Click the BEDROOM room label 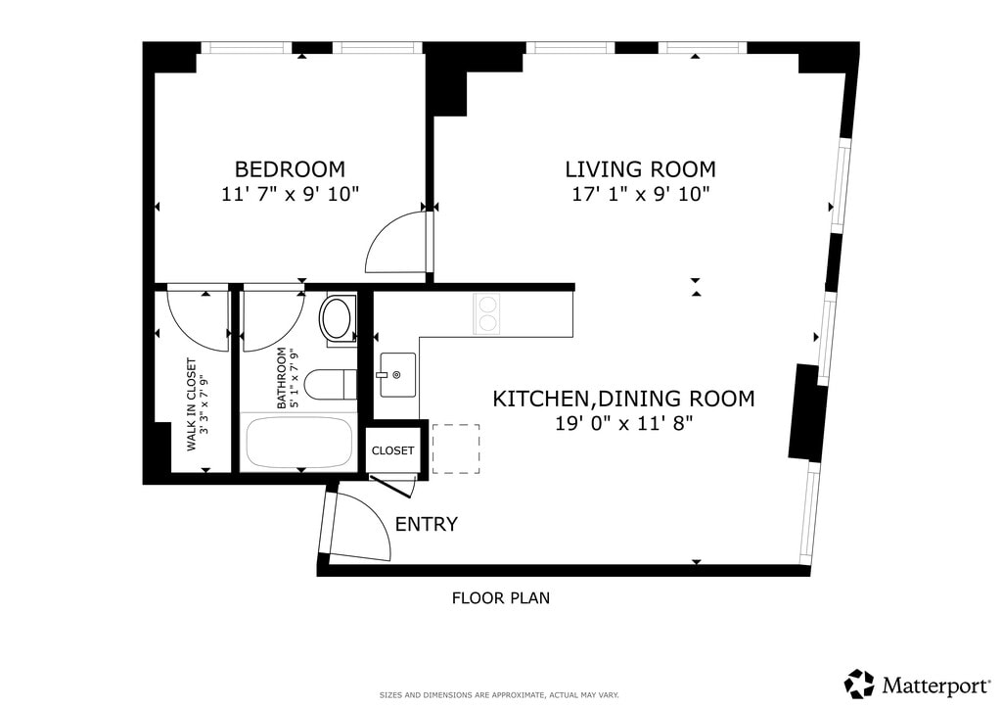[x=290, y=169]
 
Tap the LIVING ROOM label [x=640, y=169]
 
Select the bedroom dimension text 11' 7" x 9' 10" [x=290, y=194]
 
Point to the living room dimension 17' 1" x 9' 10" [x=640, y=194]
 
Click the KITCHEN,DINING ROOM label [x=623, y=399]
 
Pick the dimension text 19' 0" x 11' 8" [x=623, y=423]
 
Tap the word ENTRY [x=427, y=524]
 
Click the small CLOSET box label [x=392, y=450]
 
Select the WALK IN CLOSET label [x=191, y=404]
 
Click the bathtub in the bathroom [x=299, y=443]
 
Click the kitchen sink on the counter [x=397, y=375]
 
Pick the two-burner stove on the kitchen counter [x=487, y=314]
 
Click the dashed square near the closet [x=456, y=449]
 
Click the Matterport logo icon [x=859, y=684]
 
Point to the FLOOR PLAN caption [x=501, y=598]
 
